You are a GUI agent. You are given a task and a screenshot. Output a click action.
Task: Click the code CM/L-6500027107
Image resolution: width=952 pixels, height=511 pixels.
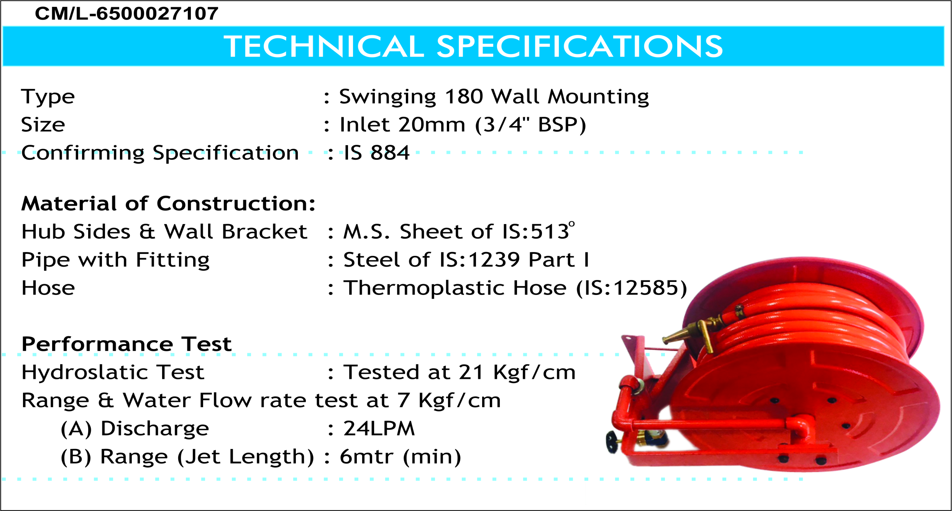coord(126,14)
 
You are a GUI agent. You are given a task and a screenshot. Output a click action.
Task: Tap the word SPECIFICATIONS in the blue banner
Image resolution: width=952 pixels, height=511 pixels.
coord(579,46)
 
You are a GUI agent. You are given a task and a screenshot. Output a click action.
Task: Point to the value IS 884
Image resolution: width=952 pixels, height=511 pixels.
coord(377,153)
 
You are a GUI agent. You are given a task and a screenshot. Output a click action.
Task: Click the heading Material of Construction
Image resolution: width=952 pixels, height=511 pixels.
coord(168,203)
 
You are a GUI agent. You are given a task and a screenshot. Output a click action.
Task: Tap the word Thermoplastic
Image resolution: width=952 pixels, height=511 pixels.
coord(455,288)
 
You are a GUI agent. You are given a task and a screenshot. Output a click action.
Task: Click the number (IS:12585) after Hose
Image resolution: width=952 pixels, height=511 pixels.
coord(632,288)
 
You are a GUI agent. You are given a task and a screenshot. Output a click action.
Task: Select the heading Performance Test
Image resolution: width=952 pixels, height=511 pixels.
coord(126,344)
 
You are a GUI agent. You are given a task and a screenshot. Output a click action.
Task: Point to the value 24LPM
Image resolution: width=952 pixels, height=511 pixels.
coord(379,429)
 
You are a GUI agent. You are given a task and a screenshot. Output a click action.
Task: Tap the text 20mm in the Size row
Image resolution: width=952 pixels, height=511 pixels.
coord(431,125)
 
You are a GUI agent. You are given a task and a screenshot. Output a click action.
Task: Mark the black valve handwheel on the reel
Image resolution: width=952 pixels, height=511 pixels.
coord(612,442)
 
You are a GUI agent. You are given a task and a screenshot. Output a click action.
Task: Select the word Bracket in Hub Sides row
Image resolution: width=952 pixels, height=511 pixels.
coord(264,232)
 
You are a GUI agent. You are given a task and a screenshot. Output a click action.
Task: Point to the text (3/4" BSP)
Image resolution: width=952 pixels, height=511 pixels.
coord(531,125)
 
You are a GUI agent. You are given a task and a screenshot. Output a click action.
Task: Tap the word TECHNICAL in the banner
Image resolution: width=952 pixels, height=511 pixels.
coord(324,46)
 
